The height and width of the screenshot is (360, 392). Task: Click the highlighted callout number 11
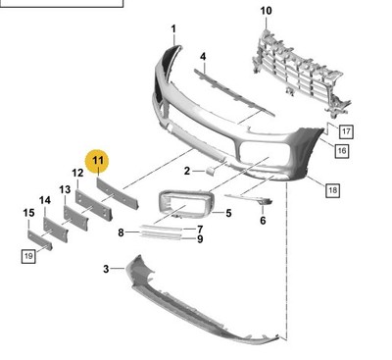point(97,161)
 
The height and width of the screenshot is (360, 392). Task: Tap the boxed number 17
point(346,131)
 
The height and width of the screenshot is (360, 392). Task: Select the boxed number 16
point(341,151)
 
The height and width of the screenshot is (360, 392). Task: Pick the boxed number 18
point(332,190)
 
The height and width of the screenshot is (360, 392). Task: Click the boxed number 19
point(28,256)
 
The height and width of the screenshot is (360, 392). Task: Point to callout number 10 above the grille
point(266,11)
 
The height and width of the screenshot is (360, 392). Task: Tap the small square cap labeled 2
point(211,171)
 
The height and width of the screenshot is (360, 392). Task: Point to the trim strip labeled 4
point(233,92)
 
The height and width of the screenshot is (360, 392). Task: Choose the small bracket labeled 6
point(252,198)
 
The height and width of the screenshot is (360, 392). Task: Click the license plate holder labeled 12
point(94,204)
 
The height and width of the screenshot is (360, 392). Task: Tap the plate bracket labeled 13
point(75,218)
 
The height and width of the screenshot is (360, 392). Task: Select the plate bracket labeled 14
point(56,230)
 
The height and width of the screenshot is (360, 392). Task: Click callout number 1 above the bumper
point(173,29)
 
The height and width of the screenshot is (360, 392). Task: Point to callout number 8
point(121,232)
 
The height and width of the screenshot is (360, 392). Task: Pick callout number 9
point(200,239)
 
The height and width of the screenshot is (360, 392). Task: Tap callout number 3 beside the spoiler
point(106,269)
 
